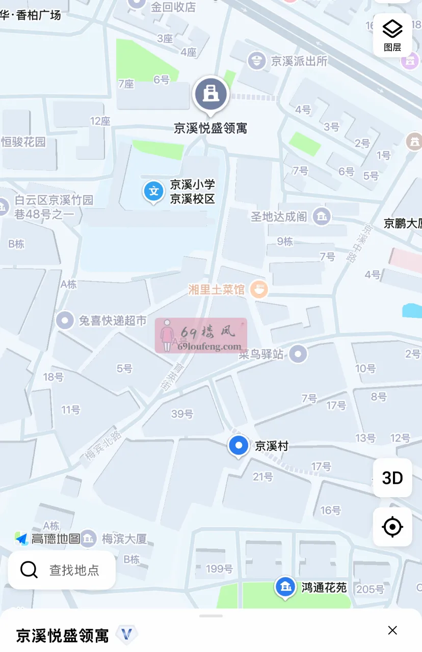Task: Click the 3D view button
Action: click(x=392, y=478)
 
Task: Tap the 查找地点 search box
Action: click(x=62, y=570)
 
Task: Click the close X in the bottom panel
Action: click(x=392, y=631)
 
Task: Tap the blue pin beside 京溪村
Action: click(x=238, y=445)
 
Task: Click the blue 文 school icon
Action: click(x=153, y=192)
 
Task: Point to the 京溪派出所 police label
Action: click(x=299, y=62)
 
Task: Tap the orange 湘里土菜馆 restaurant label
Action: click(x=217, y=290)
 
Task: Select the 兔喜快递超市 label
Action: click(x=112, y=320)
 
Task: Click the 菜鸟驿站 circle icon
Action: click(x=298, y=354)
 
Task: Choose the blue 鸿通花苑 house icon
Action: click(x=285, y=587)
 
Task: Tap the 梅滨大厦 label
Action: click(x=124, y=538)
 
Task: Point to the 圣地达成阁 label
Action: click(x=279, y=216)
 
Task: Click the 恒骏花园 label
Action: click(x=23, y=142)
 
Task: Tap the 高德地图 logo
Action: click(x=48, y=538)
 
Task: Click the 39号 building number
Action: click(x=182, y=414)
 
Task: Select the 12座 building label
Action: click(x=100, y=121)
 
